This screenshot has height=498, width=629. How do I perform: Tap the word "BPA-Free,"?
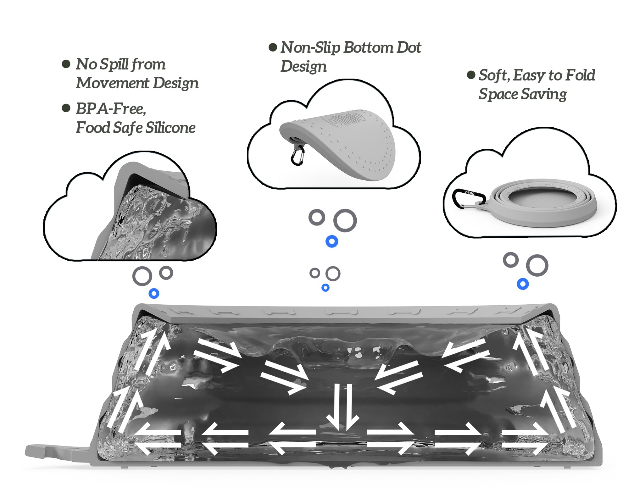[x=111, y=109]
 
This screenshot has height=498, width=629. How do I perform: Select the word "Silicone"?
[x=170, y=128]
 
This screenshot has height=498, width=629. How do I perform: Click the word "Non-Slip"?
[x=310, y=48]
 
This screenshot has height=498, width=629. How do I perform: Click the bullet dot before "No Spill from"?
[x=66, y=64]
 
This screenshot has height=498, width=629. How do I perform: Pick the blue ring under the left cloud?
[x=154, y=293]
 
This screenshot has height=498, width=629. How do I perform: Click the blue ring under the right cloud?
[x=523, y=284]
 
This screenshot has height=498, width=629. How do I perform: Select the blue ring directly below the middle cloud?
[x=331, y=241]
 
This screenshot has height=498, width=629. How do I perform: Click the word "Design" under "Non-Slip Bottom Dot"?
[x=303, y=67]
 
